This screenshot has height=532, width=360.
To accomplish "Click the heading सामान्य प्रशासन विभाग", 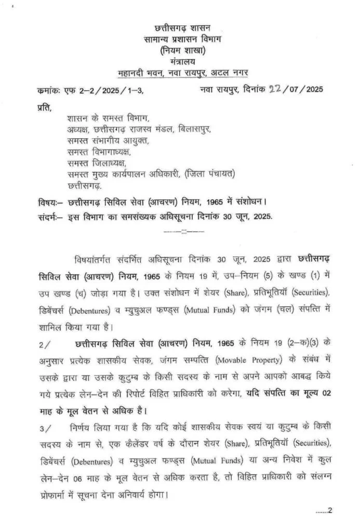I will [182, 38].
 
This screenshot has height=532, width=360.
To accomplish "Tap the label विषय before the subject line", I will [47, 201].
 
